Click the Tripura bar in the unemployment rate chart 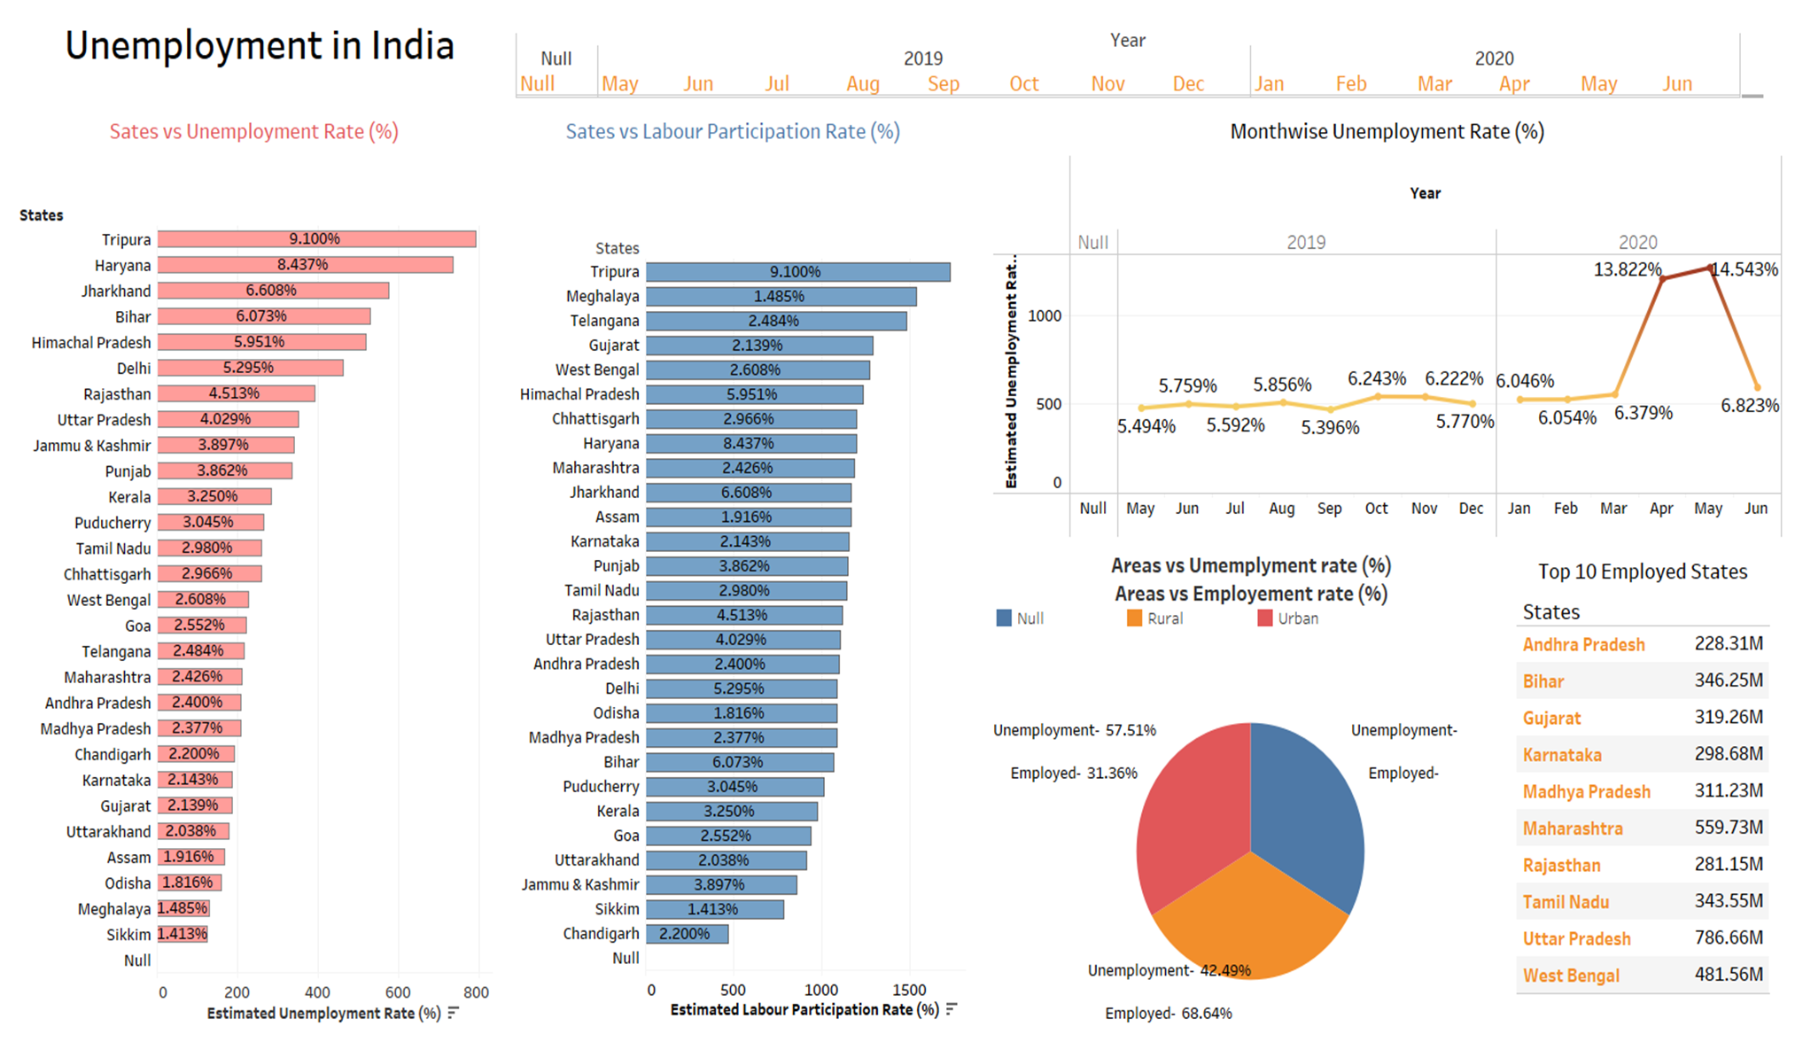[x=316, y=239]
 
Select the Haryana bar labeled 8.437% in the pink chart [x=305, y=265]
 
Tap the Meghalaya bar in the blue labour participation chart [x=780, y=297]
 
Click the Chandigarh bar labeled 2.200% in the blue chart [x=686, y=934]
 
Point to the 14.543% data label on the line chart [x=1744, y=269]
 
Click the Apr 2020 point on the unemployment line [x=1662, y=279]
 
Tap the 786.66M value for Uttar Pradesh [x=1729, y=937]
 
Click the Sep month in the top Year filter [x=943, y=84]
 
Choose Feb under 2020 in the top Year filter [x=1350, y=84]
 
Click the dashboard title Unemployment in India [x=259, y=46]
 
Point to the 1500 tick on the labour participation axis [x=909, y=990]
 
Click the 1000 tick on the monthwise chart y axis [x=1045, y=316]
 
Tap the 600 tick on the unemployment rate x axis [x=398, y=992]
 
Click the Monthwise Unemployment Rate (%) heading [x=1387, y=132]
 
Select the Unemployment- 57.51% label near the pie [x=1074, y=730]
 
